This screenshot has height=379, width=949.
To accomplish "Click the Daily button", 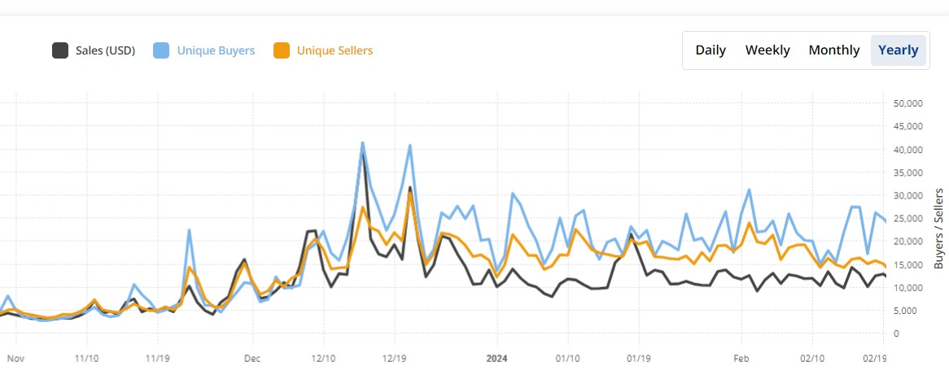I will [x=711, y=50].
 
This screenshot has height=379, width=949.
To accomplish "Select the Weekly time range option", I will [x=768, y=50].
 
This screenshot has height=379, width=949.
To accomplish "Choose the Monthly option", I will [x=833, y=50].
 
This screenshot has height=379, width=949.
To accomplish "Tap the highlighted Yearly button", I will [x=899, y=50].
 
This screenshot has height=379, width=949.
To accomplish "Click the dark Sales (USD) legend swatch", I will [x=59, y=50].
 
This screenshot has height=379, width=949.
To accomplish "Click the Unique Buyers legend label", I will [x=216, y=50].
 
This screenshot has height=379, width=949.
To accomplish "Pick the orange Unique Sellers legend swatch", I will [x=281, y=50].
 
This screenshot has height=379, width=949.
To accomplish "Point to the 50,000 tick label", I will [x=906, y=103].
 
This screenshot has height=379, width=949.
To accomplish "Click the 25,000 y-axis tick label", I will [x=906, y=218].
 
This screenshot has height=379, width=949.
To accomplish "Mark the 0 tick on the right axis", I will [x=895, y=333].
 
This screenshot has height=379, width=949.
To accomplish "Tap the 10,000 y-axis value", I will [x=906, y=287].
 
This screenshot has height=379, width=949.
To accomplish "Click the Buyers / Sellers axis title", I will [x=938, y=229].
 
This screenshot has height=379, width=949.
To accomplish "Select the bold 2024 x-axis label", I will [x=496, y=357].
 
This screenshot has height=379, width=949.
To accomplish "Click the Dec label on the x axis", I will [x=251, y=357].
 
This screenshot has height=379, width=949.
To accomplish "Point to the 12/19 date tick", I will [x=394, y=357].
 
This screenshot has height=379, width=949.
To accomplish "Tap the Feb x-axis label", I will [x=740, y=357].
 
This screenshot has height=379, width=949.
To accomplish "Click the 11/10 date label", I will [x=86, y=357].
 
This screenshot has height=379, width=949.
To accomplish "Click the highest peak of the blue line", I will [x=362, y=143].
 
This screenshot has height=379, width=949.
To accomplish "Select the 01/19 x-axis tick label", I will [x=638, y=357].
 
